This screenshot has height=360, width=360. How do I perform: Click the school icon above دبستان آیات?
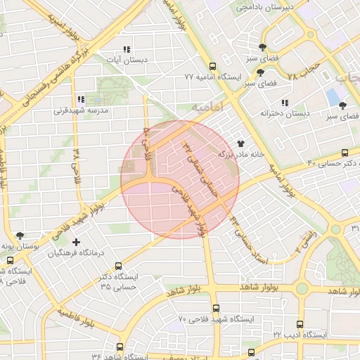pos(127,49)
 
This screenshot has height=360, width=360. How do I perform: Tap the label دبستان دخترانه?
pos(285,112)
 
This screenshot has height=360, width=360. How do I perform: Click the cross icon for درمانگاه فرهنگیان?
pos(76,242)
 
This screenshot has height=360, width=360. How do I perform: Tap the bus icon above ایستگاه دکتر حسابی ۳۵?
pos(117,266)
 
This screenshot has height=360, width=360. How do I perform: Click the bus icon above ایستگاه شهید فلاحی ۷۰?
pos(216,308)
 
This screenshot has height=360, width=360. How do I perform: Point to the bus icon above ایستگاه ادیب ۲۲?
pos(300,325)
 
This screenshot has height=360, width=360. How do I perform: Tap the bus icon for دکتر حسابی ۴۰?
pos(344,153)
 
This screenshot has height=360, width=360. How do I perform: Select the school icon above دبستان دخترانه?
pos(285,103)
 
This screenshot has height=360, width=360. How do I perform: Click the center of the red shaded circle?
pos(180,179)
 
